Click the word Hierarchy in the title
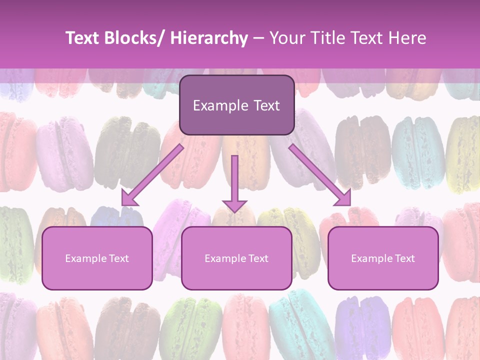(x=209, y=38)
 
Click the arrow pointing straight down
(x=234, y=180)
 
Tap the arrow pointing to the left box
(x=152, y=175)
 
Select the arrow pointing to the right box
(x=320, y=175)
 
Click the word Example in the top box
(x=220, y=106)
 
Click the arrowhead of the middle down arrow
(x=234, y=205)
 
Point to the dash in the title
(x=258, y=38)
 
